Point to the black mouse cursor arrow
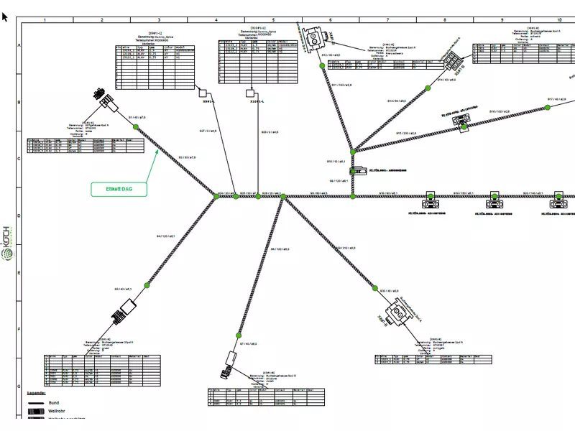(x=5, y=16)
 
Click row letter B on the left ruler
(x=19, y=103)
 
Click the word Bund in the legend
(x=53, y=404)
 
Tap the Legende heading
(x=37, y=394)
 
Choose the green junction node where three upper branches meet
(x=352, y=152)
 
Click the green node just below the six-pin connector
(x=436, y=74)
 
